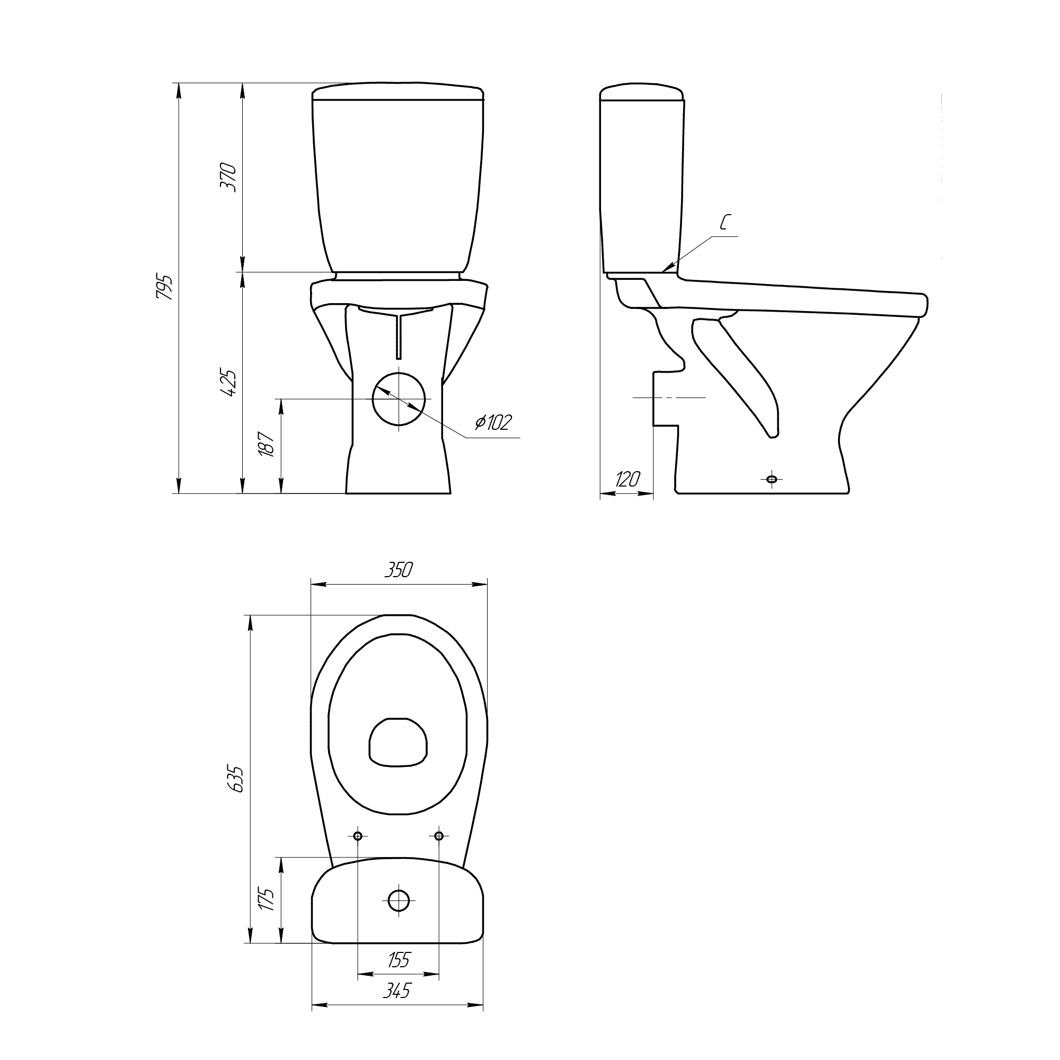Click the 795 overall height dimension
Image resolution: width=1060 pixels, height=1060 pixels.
(x=165, y=286)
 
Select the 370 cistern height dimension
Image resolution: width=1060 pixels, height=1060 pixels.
(x=228, y=176)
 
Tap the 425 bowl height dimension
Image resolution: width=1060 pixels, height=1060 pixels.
(x=228, y=383)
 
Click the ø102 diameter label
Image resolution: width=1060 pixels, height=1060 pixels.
(x=493, y=422)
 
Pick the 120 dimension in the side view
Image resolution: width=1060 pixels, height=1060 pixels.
(x=626, y=479)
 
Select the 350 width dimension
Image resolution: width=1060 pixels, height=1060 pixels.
(x=398, y=570)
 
